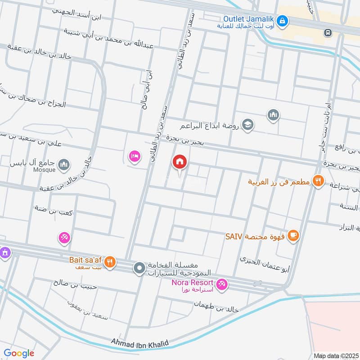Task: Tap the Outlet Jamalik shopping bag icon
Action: (282, 20)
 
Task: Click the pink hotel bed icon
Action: (134, 157)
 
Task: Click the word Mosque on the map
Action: (44, 170)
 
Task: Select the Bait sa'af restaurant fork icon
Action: (110, 261)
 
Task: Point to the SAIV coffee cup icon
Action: (293, 235)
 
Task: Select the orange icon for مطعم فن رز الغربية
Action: (319, 182)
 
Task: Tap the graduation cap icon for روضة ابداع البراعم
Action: (247, 125)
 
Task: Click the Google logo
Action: (19, 353)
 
